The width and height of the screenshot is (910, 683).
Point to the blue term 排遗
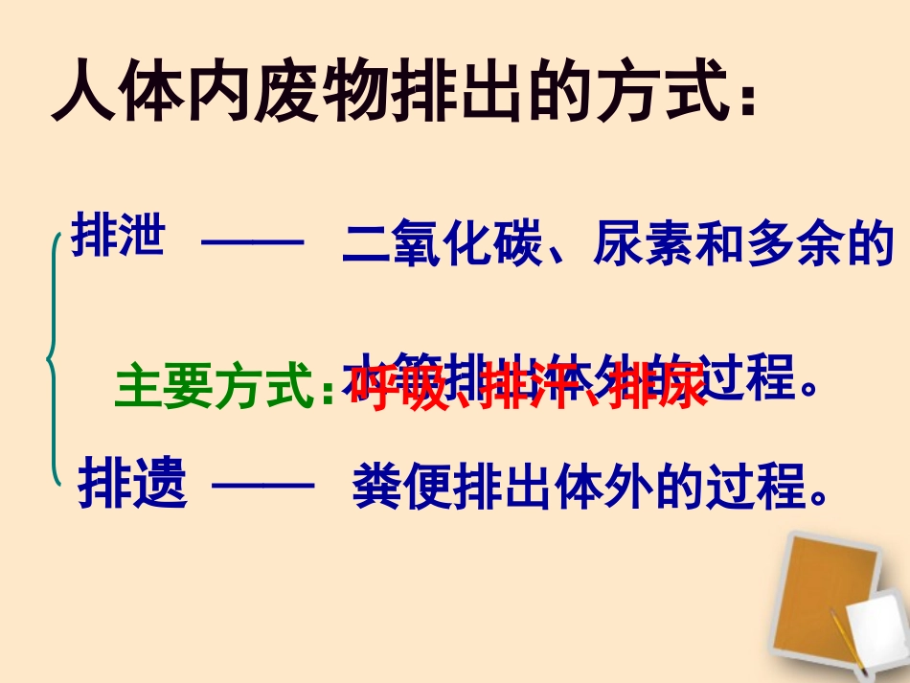(132, 485)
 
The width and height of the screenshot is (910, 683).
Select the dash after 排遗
(262, 488)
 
